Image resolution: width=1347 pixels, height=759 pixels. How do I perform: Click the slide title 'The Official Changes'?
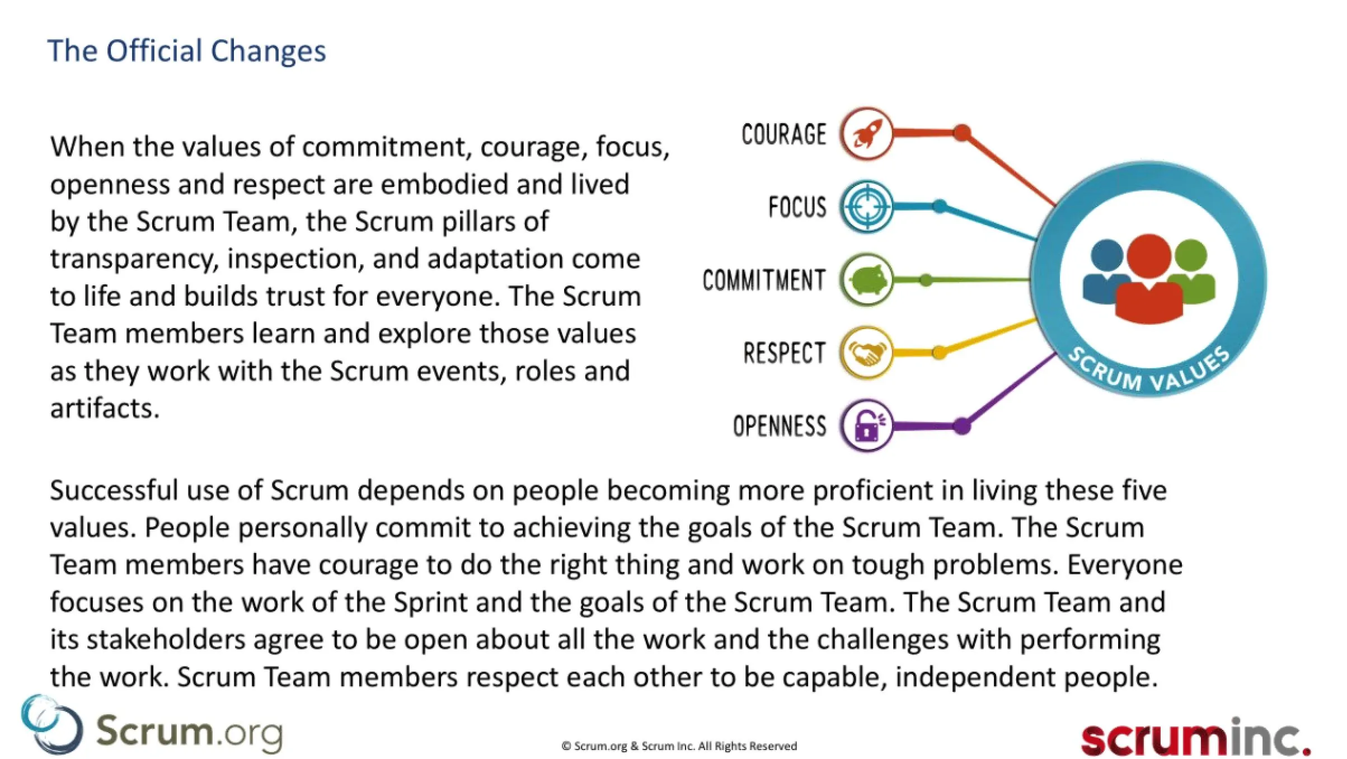click(x=187, y=51)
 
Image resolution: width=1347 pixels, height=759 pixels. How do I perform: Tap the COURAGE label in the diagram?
click(x=783, y=134)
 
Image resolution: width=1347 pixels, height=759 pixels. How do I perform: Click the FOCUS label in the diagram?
click(x=797, y=207)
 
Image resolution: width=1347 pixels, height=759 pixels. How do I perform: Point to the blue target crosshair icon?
click(x=866, y=207)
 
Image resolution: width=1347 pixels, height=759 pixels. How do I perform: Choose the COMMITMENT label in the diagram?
click(x=764, y=280)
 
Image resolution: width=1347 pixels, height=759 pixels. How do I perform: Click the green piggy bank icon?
click(x=866, y=279)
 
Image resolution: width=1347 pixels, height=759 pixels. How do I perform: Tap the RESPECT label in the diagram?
click(x=784, y=353)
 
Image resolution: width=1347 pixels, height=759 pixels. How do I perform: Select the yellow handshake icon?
click(x=866, y=353)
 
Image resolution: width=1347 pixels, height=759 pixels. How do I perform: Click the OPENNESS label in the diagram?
click(x=779, y=426)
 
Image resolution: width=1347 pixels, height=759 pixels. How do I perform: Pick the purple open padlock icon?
click(x=866, y=426)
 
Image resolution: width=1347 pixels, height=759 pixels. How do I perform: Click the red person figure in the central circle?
click(x=1149, y=280)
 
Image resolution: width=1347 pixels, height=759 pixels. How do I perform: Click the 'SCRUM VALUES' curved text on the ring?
click(x=1149, y=372)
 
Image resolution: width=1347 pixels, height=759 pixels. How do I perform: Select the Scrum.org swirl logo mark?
click(x=51, y=725)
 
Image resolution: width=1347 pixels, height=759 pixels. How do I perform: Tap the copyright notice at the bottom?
click(x=679, y=746)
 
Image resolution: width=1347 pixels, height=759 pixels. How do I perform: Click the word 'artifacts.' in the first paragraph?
click(x=105, y=408)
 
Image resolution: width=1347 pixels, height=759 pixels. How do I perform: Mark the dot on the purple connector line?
click(x=961, y=426)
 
